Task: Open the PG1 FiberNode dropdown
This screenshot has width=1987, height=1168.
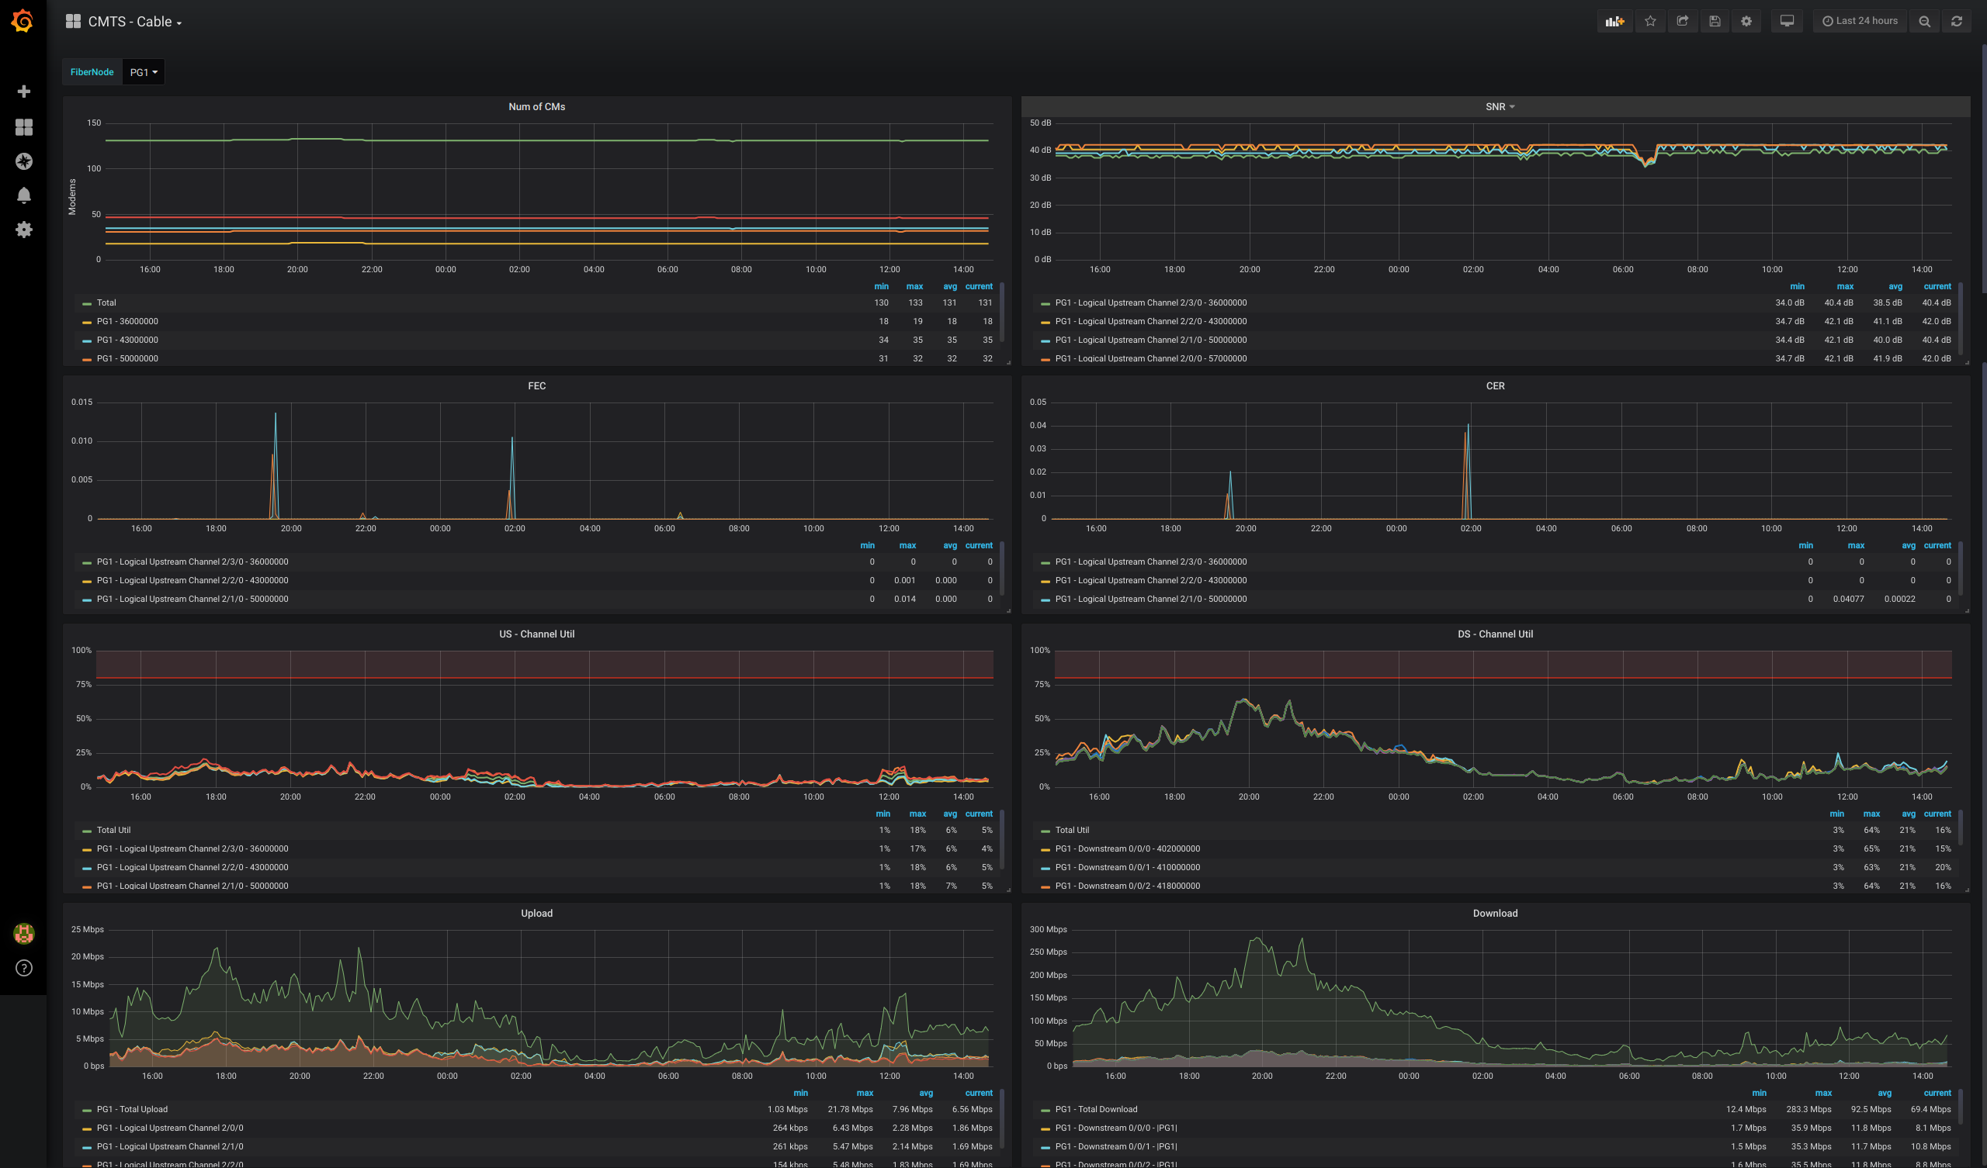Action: point(144,71)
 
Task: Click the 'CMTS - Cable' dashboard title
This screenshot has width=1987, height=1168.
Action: point(130,21)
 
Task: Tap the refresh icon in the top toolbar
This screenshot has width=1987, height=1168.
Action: point(1956,21)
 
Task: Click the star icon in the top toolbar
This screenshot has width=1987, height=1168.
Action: point(1650,21)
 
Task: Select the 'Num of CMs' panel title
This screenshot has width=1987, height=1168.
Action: point(536,106)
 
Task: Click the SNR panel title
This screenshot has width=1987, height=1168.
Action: point(1495,106)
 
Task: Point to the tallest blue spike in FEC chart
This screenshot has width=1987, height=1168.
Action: point(276,415)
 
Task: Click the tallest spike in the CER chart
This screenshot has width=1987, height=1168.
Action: point(1468,427)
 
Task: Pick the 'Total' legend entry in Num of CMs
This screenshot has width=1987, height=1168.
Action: point(106,302)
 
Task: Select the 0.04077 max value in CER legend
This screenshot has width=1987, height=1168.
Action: point(1847,599)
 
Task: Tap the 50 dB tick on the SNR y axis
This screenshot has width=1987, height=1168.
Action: point(1040,123)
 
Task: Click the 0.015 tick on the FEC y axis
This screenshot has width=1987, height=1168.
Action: point(82,402)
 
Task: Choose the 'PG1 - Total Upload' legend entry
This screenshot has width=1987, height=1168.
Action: point(132,1109)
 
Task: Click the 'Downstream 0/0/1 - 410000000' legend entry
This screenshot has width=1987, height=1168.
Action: point(1127,867)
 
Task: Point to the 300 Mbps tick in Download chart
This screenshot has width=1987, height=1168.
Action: point(1048,929)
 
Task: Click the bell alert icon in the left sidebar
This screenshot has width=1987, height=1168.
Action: point(23,195)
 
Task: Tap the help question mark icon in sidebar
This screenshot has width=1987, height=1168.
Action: point(23,968)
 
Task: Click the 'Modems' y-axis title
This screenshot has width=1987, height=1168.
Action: point(72,197)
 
